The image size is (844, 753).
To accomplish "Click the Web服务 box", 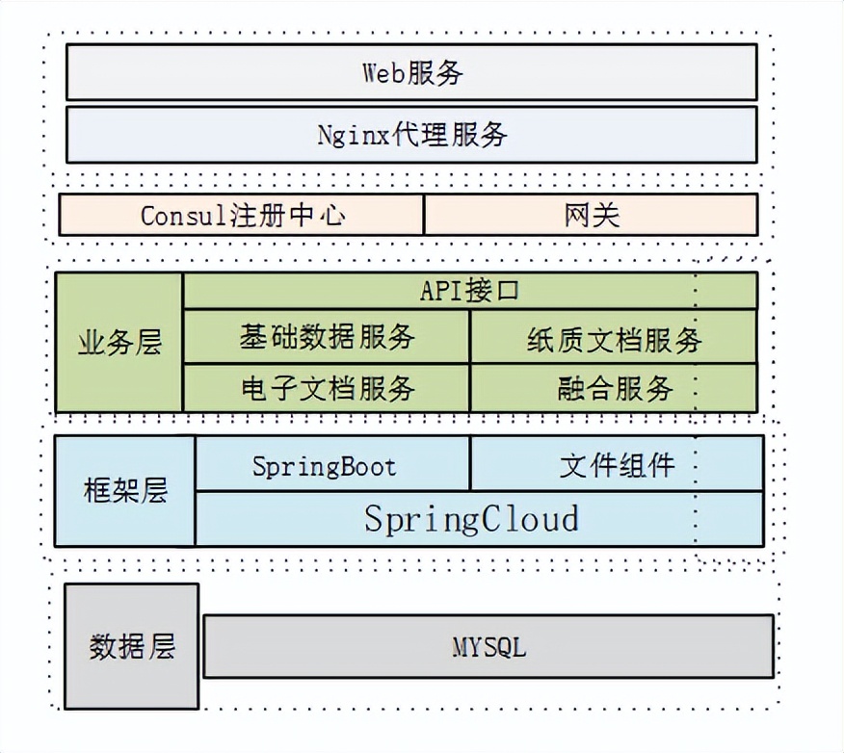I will tap(411, 73).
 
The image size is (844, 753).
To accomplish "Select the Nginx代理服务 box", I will tap(411, 134).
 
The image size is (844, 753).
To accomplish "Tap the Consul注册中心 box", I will tap(242, 215).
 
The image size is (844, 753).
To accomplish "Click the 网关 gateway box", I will tap(591, 215).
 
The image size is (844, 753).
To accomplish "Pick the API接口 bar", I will tap(470, 291).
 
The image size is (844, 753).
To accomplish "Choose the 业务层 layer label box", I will tap(119, 343).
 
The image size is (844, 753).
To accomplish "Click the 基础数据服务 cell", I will tap(327, 337).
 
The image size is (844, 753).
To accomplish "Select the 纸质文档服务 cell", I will tap(614, 338).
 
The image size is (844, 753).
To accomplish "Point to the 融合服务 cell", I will tap(614, 388).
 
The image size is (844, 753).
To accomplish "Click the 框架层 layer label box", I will tap(125, 490).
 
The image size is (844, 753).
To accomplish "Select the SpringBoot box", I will tap(324, 466).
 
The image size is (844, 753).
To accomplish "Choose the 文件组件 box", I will tap(617, 466).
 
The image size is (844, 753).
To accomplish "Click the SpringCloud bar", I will tap(472, 519).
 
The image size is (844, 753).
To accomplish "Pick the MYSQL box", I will tap(488, 647).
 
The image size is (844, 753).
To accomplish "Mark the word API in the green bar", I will tap(441, 291).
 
